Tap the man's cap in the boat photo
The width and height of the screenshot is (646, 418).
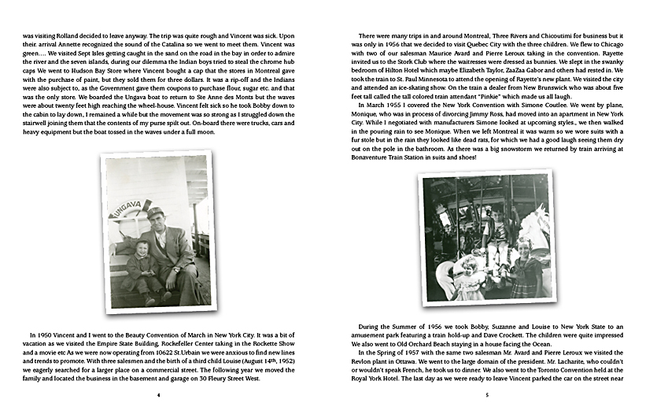click(154, 212)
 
